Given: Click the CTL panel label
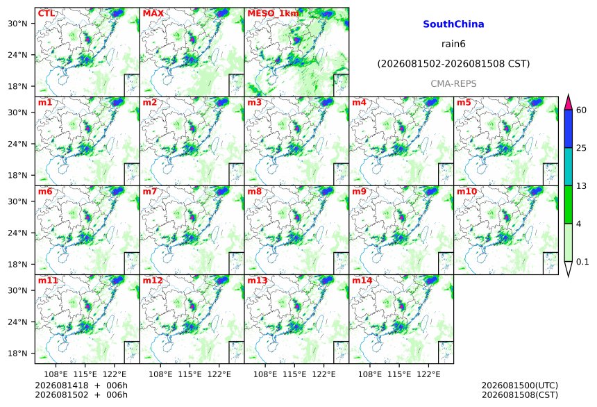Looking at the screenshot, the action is (x=46, y=13).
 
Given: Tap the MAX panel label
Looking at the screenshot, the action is (x=153, y=13).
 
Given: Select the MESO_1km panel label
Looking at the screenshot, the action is (x=273, y=14).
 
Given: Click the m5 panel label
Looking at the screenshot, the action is (x=464, y=103).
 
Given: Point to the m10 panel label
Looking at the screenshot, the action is (x=466, y=191).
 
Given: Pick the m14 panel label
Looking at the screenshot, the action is (x=362, y=281).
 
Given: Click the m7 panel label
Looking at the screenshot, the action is (x=150, y=191).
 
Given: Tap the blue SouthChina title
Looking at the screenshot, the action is (x=453, y=24).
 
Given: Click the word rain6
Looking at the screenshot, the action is (x=453, y=44).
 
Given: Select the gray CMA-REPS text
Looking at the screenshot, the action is (x=453, y=84).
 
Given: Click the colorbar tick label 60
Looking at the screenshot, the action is (x=582, y=110).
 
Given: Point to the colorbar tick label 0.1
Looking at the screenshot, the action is (x=582, y=262).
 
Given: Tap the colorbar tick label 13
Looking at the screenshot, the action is (x=582, y=186).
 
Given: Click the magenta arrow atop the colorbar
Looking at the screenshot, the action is (x=568, y=102).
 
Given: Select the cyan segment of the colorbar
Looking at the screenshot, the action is (x=568, y=167).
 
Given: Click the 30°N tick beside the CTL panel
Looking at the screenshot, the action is (x=17, y=24).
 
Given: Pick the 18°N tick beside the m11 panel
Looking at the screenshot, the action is (x=17, y=354).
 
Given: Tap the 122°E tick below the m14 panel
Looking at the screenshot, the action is (x=428, y=374).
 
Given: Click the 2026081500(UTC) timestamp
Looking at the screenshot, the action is (x=520, y=385).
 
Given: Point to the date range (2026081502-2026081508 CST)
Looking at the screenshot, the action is (x=453, y=64).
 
